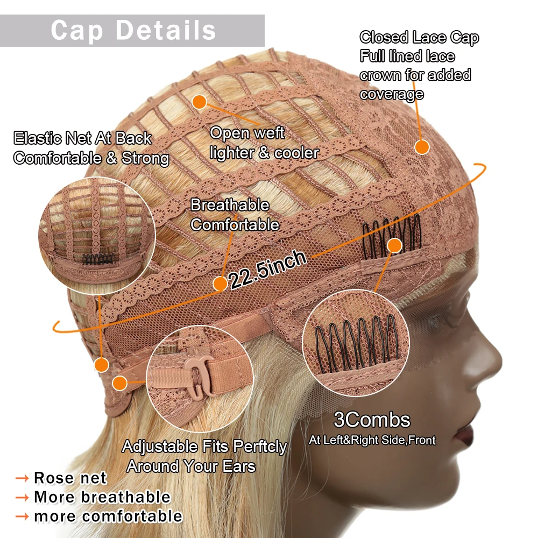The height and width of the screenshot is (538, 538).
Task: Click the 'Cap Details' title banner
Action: coord(133,30)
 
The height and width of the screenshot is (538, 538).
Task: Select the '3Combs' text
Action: coord(372,420)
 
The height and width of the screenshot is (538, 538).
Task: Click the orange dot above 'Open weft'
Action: coord(200,102)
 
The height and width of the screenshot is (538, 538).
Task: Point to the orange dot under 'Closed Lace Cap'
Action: coord(422,146)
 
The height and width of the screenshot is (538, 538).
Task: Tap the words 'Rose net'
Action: coord(70,478)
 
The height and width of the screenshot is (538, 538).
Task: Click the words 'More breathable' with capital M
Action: coord(102,497)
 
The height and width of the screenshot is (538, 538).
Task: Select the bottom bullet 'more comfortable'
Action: coord(108,516)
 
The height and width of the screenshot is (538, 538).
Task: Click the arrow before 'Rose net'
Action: coord(22,478)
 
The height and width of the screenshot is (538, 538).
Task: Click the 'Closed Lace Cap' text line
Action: coord(419,38)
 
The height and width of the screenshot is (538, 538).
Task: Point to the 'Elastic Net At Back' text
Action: coord(83,138)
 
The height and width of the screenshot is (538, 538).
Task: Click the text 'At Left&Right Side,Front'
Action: coord(372,440)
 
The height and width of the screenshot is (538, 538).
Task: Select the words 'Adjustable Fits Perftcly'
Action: coord(204,447)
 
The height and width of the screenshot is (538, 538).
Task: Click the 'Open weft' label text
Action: coord(247,133)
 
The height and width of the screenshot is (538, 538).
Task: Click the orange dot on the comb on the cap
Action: coord(395,246)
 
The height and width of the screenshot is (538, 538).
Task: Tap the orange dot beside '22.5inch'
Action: coord(221,284)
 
